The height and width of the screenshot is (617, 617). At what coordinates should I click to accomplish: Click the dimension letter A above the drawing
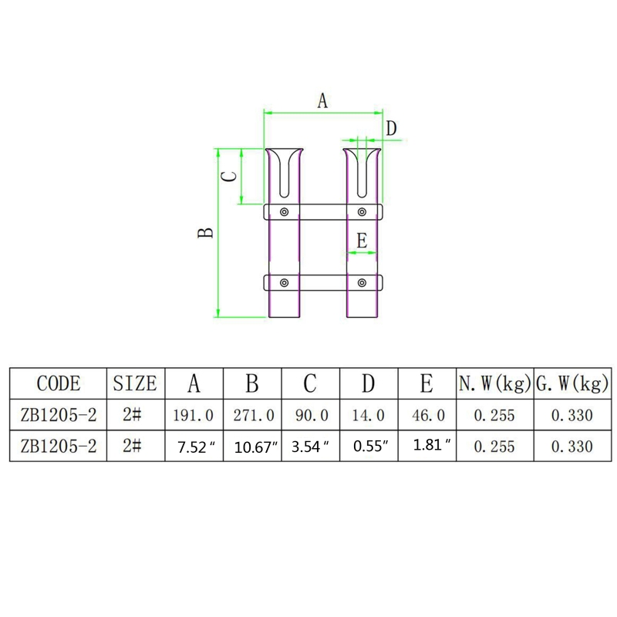322,101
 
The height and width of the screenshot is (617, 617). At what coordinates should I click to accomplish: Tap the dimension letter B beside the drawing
205,233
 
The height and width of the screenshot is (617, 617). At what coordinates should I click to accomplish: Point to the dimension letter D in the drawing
391,128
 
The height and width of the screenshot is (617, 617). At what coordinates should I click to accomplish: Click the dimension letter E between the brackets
362,240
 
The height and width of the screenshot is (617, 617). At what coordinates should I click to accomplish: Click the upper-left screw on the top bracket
284,212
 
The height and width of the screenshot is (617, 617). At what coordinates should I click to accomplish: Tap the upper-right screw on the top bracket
362,212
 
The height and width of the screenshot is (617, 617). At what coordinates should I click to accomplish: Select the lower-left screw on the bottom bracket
284,282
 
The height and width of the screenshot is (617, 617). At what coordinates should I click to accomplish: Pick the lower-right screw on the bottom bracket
362,282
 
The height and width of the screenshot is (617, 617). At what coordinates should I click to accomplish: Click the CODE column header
59,383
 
